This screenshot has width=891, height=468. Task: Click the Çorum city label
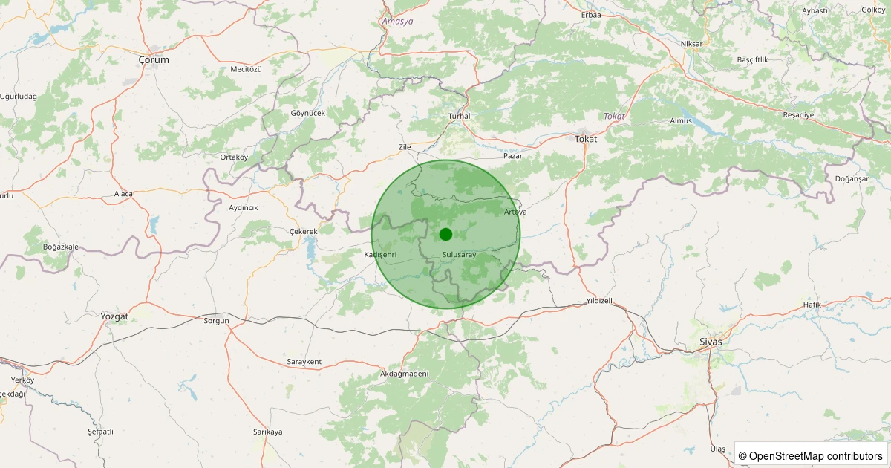coord(154,59)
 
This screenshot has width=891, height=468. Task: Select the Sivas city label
coord(711,341)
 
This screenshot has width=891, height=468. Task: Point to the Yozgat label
coord(114,316)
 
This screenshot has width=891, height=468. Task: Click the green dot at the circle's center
coord(446,234)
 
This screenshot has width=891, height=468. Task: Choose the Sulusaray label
coord(458,255)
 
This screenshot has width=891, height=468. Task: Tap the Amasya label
coord(397,21)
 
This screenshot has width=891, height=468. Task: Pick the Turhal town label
coord(460,117)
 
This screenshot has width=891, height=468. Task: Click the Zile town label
coord(405,147)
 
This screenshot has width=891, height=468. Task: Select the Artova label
coord(515,212)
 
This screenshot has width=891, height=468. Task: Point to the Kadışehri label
coord(381,255)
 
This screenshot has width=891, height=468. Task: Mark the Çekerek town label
coord(304,231)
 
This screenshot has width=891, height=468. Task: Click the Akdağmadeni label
coord(404,374)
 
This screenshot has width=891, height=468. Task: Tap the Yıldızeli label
coord(599,301)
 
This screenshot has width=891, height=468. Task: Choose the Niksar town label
coord(691,44)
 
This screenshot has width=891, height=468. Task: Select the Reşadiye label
coord(798,114)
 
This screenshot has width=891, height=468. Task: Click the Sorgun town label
coord(216,321)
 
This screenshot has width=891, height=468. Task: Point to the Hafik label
coord(812,305)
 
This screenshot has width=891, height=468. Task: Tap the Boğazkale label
coord(61,247)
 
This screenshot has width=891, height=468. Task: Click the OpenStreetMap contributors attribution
coord(810,455)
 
